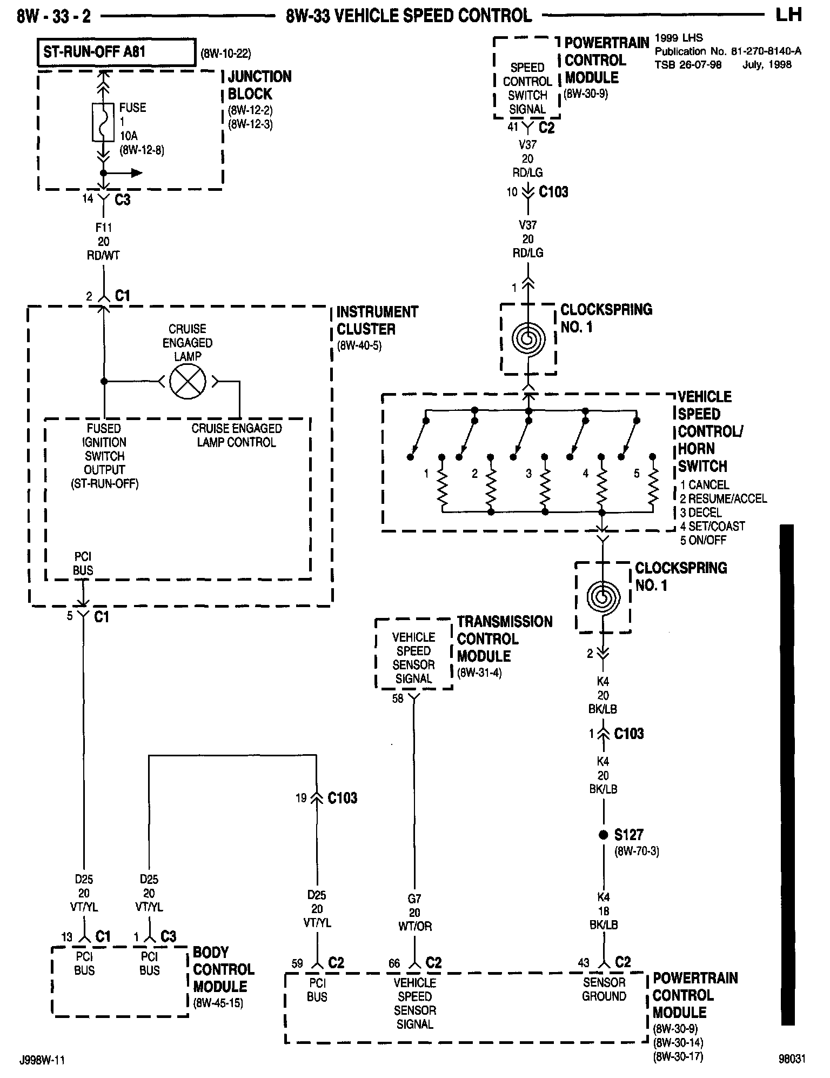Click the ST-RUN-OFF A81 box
pos(116,52)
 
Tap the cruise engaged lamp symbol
pos(187,382)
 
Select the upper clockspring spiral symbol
pos(528,339)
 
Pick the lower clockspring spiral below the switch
pos(603,597)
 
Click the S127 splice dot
pos(603,835)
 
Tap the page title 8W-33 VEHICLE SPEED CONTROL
pos(409,16)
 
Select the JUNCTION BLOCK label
pos(259,85)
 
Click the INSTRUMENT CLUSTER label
pos(377,321)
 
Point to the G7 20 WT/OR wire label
pos(414,913)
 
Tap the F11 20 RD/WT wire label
pos(103,242)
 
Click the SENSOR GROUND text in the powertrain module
pos(604,990)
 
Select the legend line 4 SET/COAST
pos(712,526)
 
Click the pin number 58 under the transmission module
pos(398,698)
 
